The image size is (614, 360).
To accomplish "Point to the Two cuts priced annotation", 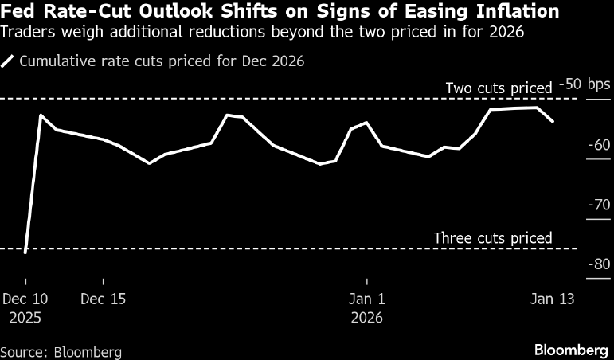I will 499,88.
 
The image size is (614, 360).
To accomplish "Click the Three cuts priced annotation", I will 493,237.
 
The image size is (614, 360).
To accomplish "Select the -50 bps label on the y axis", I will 584,84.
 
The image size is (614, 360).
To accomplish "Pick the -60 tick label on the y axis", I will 598,145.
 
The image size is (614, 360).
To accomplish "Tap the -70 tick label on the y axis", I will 598,205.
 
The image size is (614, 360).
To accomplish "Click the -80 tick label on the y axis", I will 598,264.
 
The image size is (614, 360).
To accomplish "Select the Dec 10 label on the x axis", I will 25,299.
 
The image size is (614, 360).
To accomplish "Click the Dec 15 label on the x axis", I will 104,299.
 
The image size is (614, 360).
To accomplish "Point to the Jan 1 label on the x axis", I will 367,299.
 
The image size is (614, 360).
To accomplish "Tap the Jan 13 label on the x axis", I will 553,299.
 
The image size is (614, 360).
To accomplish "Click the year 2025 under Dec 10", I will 25,317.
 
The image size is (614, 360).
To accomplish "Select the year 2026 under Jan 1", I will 367,317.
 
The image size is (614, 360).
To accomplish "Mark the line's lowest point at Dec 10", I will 25,252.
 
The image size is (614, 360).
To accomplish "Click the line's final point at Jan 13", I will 553,121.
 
